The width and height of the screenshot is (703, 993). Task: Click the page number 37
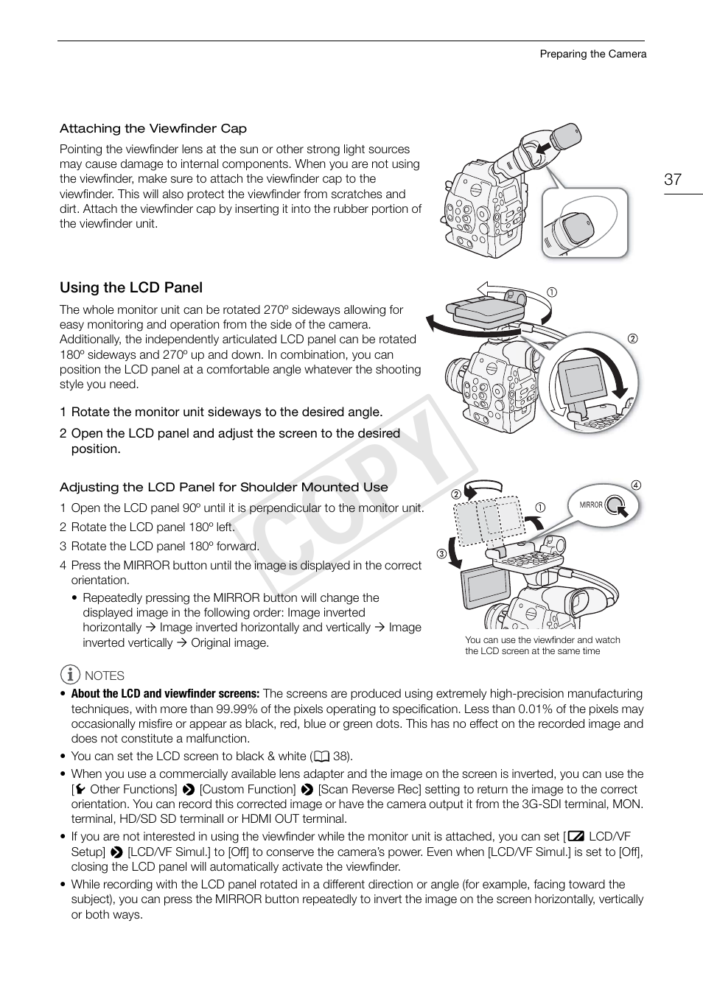(x=672, y=179)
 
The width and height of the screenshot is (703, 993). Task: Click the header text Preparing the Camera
(x=592, y=54)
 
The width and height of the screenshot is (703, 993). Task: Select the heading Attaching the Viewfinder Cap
(x=153, y=128)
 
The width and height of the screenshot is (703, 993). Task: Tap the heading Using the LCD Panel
(x=131, y=287)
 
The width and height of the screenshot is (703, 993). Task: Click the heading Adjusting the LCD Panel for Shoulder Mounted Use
(x=223, y=487)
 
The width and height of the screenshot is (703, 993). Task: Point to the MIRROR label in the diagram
(x=591, y=505)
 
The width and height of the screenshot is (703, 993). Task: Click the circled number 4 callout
(x=636, y=485)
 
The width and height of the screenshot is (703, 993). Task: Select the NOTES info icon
(x=70, y=674)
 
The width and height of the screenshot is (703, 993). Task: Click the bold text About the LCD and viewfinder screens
(x=165, y=694)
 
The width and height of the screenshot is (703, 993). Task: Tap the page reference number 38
(x=340, y=756)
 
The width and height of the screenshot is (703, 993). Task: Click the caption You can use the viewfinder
(x=542, y=645)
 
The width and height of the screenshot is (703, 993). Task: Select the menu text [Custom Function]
(x=247, y=789)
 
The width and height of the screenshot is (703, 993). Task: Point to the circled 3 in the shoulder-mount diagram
(x=441, y=554)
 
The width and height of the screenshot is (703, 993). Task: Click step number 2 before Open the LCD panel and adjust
(x=63, y=433)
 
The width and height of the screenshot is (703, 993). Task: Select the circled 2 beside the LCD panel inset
(x=632, y=339)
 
